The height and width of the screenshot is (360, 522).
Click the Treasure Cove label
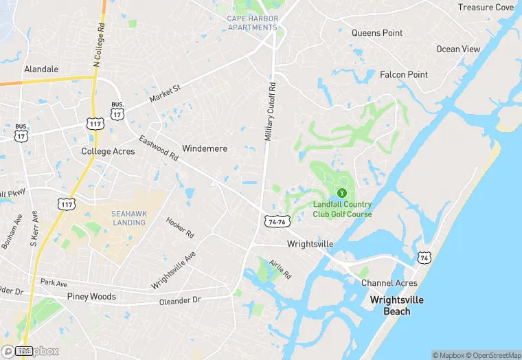pos(486,8)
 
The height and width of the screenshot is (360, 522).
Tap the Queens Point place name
pos(377,33)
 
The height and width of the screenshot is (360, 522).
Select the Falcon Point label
pos(404,75)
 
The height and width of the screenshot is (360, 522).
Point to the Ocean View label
pos(458,49)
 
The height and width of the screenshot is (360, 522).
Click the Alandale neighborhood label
pos(41,69)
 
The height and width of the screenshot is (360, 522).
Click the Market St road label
pos(165,94)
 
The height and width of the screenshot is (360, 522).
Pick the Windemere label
pos(205,148)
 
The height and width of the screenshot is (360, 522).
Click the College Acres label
pos(108,151)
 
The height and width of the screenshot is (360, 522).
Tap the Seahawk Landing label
pos(129,218)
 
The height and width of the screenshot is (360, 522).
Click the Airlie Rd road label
pos(280,270)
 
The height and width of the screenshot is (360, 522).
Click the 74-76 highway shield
pos(277,222)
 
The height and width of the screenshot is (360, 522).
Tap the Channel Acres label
pos(389,283)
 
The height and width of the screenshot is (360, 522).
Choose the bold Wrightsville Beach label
pos(397,306)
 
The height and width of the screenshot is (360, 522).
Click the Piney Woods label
pos(91,297)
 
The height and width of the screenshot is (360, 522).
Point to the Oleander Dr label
pos(179,300)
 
